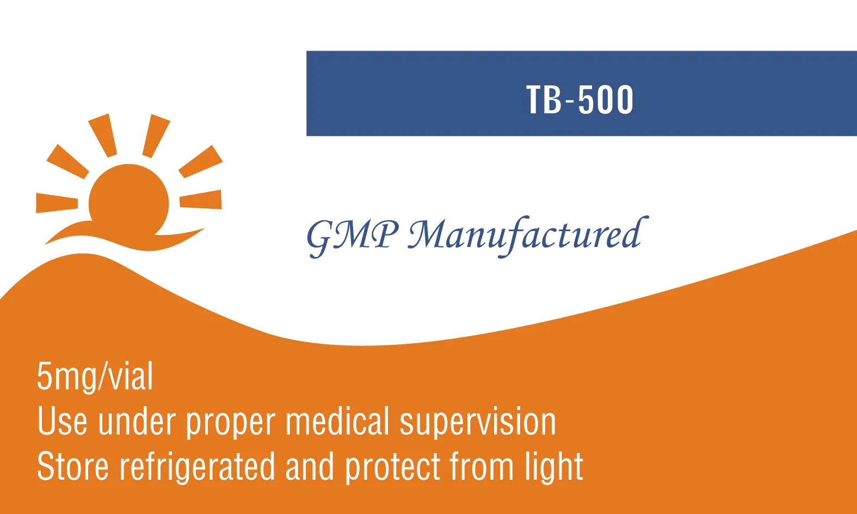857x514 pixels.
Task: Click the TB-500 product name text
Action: (580, 100)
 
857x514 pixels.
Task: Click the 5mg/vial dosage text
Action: (95, 377)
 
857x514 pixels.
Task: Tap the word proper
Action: (231, 424)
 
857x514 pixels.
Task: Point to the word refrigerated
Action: (198, 467)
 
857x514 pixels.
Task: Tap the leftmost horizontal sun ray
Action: (57, 203)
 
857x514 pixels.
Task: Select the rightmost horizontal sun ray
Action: (200, 199)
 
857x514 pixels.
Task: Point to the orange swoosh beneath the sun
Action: (125, 235)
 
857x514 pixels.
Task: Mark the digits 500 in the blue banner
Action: (606, 100)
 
